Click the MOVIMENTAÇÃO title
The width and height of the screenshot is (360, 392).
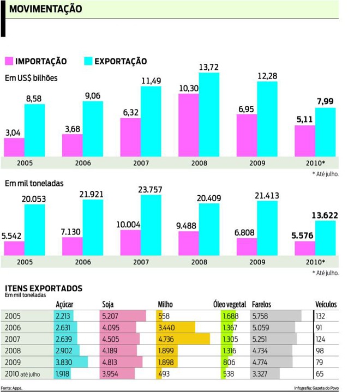click(x=46, y=9)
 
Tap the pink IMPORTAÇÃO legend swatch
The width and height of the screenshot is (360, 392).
click(x=9, y=61)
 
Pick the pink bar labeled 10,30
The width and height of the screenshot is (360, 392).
click(x=189, y=125)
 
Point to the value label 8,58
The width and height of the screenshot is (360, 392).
click(x=34, y=98)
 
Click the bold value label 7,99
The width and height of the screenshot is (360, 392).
click(x=325, y=102)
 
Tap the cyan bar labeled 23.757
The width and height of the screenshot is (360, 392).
click(x=151, y=225)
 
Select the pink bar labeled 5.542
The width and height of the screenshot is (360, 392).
click(x=14, y=249)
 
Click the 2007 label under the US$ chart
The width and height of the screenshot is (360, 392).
click(x=141, y=162)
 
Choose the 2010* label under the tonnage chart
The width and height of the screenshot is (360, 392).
click(x=315, y=262)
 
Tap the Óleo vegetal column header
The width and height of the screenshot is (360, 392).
click(x=230, y=304)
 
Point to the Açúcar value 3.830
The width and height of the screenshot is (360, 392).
click(x=64, y=362)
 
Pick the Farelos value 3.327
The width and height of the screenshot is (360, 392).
click(x=261, y=373)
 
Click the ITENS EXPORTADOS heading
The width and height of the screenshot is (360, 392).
click(x=44, y=287)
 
